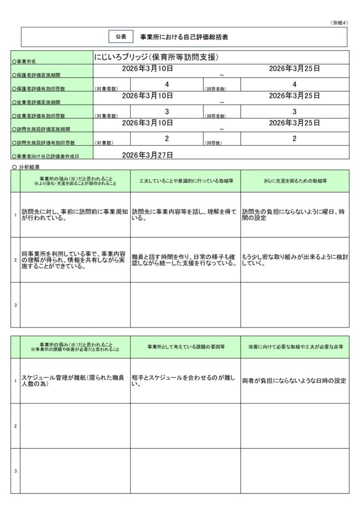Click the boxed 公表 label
[121, 37]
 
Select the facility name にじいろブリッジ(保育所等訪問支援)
[157, 58]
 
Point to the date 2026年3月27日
[147, 155]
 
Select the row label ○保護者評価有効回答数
[38, 88]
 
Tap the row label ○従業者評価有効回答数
[38, 115]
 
